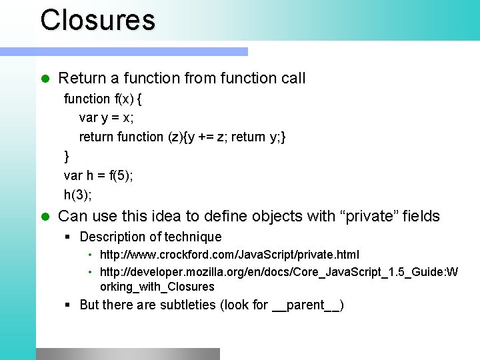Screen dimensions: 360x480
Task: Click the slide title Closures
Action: tap(97, 19)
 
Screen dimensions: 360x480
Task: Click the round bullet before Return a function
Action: tap(45, 79)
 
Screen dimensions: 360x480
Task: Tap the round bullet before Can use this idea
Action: tap(45, 217)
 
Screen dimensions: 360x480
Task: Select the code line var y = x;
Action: tap(106, 118)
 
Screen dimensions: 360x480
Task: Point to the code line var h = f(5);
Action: tap(99, 175)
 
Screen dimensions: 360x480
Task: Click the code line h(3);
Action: tap(78, 195)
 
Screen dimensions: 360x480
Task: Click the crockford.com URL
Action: tap(229, 255)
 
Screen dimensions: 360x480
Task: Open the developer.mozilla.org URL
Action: tap(279, 271)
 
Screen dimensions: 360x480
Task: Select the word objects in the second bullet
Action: tap(253, 217)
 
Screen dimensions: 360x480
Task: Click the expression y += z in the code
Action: tap(204, 137)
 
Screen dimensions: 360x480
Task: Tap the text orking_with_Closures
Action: tap(157, 287)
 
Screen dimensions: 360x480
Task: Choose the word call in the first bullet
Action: tap(293, 79)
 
